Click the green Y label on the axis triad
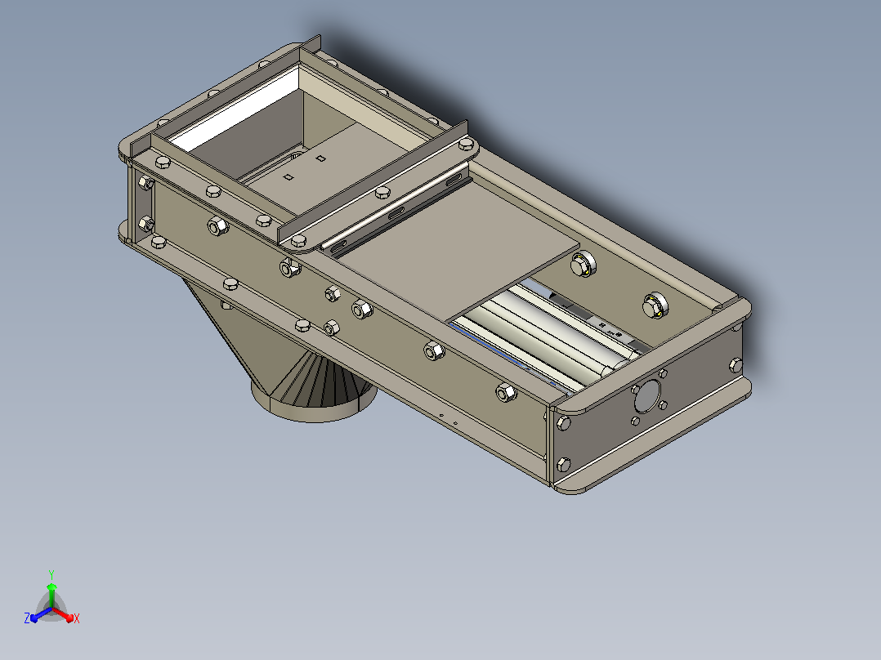(51, 574)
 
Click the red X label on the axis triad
(77, 618)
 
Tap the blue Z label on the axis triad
(27, 618)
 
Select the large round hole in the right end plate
(648, 395)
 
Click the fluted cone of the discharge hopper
(323, 377)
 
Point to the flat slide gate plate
(458, 247)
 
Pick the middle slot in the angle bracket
(396, 213)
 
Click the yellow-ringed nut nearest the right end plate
(655, 305)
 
